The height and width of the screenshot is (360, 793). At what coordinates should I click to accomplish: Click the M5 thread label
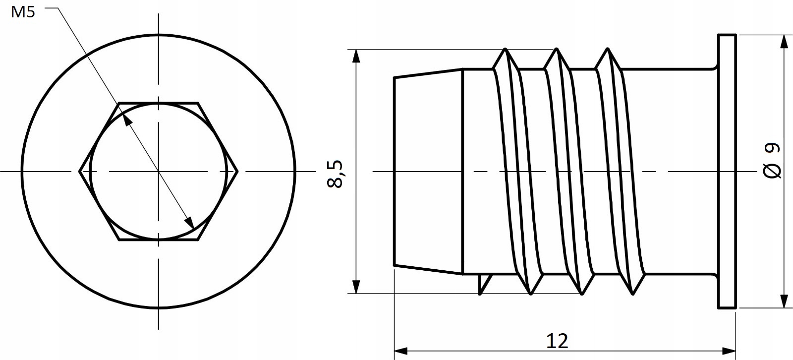23,13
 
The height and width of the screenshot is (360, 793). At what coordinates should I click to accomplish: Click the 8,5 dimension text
335,174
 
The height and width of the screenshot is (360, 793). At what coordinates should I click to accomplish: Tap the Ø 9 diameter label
772,161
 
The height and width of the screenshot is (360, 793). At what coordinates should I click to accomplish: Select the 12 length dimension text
557,341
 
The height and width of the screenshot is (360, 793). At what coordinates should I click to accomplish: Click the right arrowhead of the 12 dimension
730,351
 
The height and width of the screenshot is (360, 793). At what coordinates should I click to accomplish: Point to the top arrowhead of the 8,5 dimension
356,56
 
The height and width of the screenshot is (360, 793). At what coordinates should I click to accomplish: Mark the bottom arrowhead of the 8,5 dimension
356,287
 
